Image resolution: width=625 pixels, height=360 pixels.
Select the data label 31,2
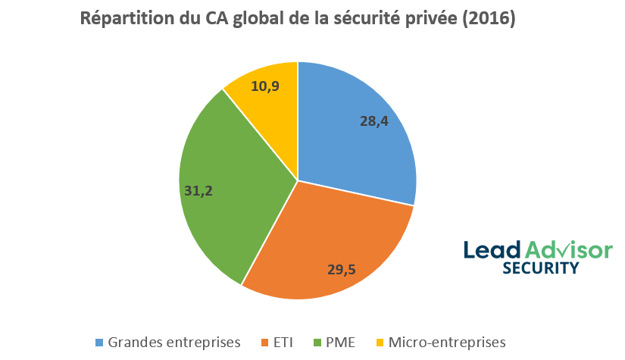click(198, 191)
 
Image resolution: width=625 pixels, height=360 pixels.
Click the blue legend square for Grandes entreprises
click(99, 343)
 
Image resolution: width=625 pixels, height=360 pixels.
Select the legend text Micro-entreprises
click(446, 343)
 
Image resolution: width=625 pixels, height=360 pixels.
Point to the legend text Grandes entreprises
click(174, 343)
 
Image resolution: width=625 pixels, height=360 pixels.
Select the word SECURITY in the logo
click(541, 268)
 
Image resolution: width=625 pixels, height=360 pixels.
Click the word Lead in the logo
click(492, 249)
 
